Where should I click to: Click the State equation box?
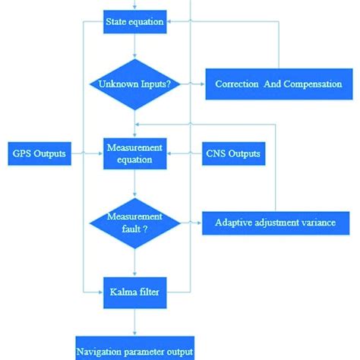coord(134,21)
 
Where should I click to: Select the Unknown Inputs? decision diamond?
coord(134,84)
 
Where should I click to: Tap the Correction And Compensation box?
coord(278,84)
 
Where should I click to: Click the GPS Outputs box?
coord(38,154)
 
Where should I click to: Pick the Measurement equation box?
coord(134,154)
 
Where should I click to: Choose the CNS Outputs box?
coord(233,154)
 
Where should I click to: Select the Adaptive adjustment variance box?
coord(274,223)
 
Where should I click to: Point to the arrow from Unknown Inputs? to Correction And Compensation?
coord(194,84)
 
